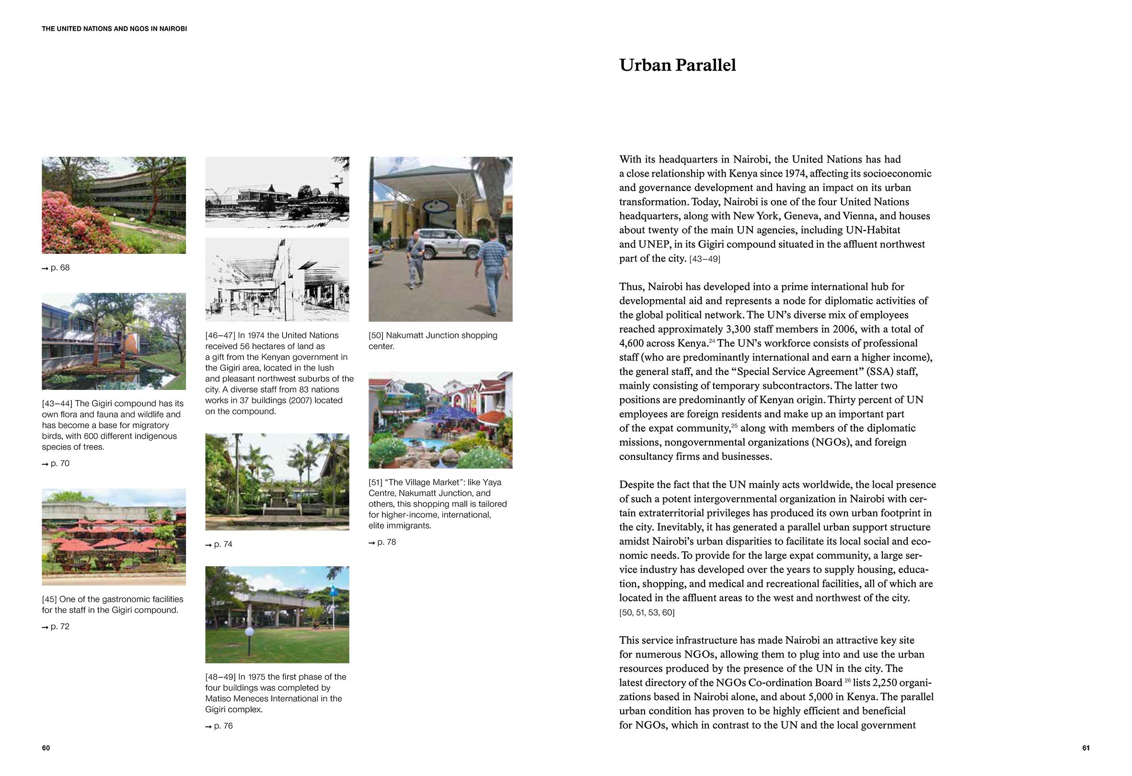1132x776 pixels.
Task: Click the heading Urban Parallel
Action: click(677, 65)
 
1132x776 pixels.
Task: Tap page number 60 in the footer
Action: click(46, 748)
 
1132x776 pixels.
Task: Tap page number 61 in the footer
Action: click(1086, 748)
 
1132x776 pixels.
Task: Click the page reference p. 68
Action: click(56, 268)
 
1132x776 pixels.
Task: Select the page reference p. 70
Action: click(56, 464)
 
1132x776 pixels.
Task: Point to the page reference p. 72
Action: click(56, 627)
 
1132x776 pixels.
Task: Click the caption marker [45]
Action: click(49, 599)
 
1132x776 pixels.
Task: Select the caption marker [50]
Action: click(376, 335)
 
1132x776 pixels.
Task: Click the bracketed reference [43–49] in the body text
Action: click(705, 259)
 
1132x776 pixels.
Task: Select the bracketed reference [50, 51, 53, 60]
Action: click(647, 613)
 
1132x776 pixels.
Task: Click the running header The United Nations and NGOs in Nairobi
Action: click(115, 29)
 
